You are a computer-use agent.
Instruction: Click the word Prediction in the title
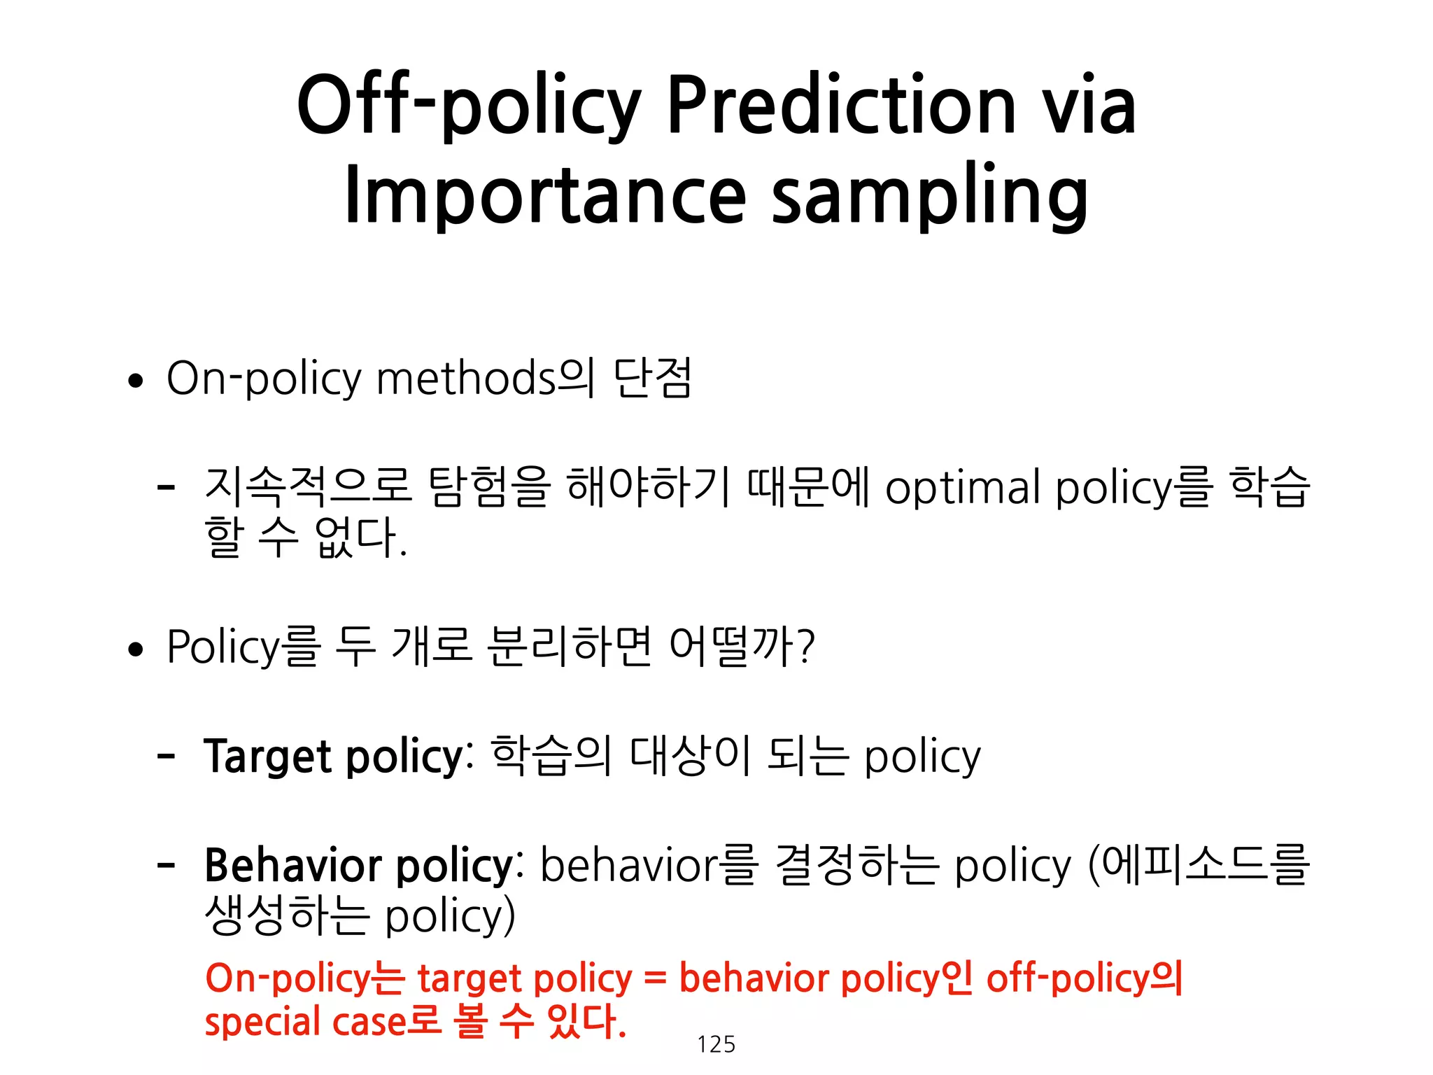[x=840, y=106]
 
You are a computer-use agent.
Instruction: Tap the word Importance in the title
[x=546, y=195]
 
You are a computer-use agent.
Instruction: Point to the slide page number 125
[x=716, y=1044]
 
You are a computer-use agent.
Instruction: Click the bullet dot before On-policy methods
[x=136, y=381]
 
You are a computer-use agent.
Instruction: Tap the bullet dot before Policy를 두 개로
[x=136, y=649]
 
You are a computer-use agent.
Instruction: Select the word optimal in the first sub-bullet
[x=963, y=488]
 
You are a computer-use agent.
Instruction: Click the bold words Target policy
[x=334, y=757]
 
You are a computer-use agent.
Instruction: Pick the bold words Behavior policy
[x=359, y=866]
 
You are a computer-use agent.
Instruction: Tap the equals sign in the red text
[x=655, y=978]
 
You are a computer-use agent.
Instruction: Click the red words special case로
[x=322, y=1022]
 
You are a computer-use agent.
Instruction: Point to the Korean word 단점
[x=652, y=379]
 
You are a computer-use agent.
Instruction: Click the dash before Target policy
[x=166, y=756]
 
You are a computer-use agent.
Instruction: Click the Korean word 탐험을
[x=488, y=486]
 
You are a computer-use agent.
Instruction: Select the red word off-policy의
[x=1084, y=978]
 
